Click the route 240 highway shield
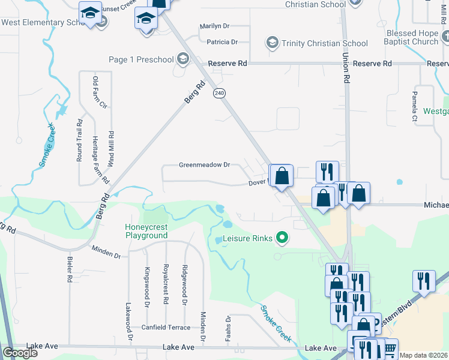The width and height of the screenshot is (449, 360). tap(219, 94)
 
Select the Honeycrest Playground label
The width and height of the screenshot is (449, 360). tap(146, 231)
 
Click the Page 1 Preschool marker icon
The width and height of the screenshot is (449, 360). tap(183, 59)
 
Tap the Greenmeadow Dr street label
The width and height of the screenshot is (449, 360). tap(205, 164)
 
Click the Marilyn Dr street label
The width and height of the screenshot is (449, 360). tap(218, 26)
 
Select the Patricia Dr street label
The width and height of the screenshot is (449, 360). tap(222, 42)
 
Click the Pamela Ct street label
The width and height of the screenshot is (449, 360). tap(414, 107)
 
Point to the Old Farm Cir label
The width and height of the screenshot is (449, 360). tap(95, 92)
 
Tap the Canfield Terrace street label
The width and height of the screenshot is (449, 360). tap(166, 328)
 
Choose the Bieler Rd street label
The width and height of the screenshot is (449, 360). tap(70, 271)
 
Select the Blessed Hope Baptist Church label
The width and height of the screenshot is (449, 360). tap(413, 38)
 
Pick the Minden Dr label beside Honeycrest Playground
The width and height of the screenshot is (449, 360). tap(106, 251)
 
